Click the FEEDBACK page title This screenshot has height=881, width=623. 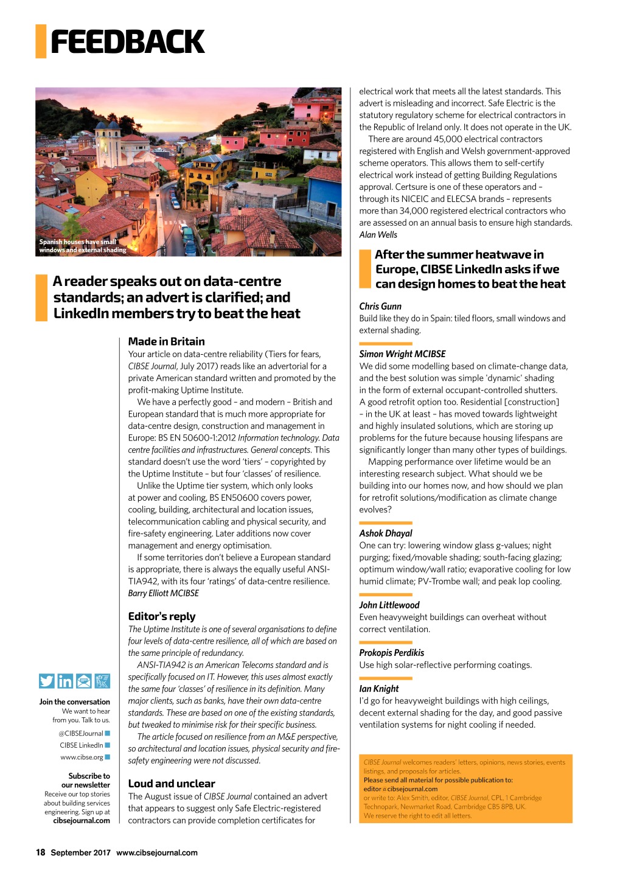click(x=127, y=42)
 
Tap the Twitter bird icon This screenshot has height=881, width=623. click(x=46, y=681)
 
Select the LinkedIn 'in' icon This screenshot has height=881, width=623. click(x=65, y=681)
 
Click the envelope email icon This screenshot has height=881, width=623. click(x=84, y=681)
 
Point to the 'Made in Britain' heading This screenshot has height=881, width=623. click(x=166, y=341)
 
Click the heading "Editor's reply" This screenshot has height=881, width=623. click(x=162, y=616)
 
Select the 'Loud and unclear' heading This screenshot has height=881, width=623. click(x=172, y=784)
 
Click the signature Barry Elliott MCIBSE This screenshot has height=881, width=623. click(x=163, y=593)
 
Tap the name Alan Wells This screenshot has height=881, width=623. click(x=378, y=235)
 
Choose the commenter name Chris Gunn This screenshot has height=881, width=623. click(x=380, y=306)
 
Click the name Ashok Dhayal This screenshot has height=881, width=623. click(x=386, y=534)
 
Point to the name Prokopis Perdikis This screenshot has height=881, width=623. click(x=391, y=653)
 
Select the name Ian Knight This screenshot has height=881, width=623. click(x=378, y=689)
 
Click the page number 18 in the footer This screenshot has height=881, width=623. click(x=41, y=852)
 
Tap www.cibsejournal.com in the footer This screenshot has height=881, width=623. click(x=156, y=852)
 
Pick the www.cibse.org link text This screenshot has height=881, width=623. click(x=82, y=757)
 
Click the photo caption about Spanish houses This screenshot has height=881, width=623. click(x=82, y=246)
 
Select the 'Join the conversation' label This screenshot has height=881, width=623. click(x=74, y=702)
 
